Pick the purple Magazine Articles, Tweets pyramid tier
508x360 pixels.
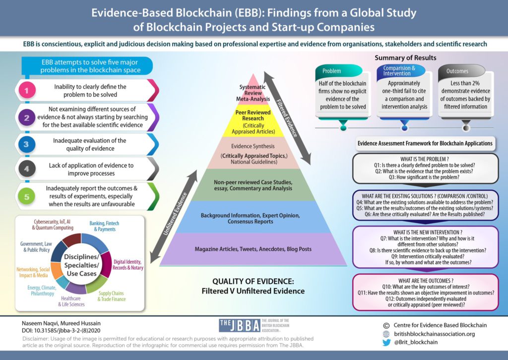click(x=254, y=247)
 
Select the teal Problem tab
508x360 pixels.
click(x=332, y=70)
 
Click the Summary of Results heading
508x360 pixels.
click(x=405, y=58)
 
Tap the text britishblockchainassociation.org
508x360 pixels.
click(x=434, y=334)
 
